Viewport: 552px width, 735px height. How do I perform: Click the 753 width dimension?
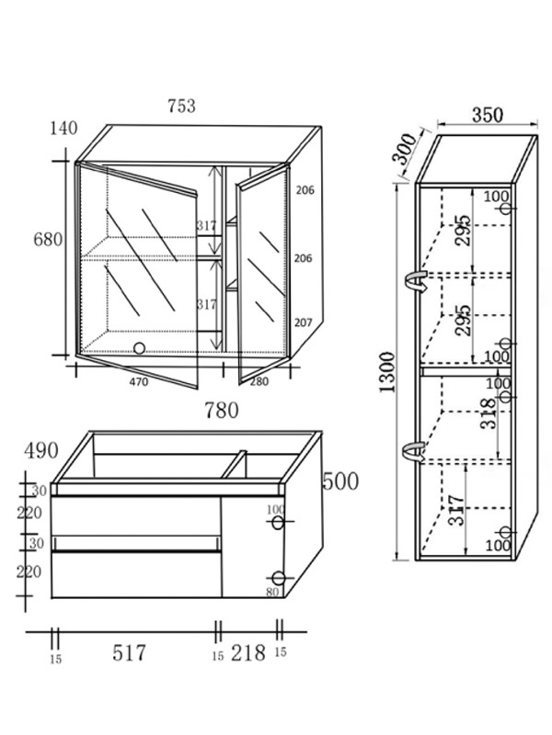[x=181, y=106]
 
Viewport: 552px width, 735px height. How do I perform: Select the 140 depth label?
[x=63, y=129]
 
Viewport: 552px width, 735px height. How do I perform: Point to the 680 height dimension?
[x=47, y=240]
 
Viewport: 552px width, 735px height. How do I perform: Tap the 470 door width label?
[x=139, y=380]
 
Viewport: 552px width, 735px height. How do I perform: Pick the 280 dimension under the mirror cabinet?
[x=259, y=380]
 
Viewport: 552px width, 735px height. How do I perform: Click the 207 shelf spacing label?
[x=305, y=324]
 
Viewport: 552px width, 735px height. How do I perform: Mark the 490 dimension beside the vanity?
[x=40, y=450]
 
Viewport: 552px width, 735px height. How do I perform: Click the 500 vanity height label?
[x=340, y=481]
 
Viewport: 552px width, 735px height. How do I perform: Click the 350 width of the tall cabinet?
[x=487, y=116]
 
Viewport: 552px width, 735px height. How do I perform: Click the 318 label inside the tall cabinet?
[x=488, y=413]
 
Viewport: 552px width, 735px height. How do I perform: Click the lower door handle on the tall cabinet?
[x=414, y=450]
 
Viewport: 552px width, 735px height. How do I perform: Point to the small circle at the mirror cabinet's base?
[x=140, y=348]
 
